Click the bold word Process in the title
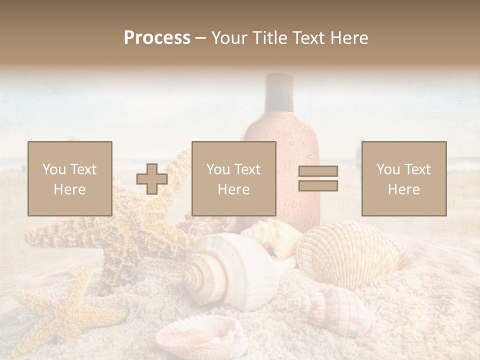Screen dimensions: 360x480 [157, 38]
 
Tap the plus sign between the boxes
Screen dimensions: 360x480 [152, 179]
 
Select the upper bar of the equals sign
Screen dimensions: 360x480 [318, 171]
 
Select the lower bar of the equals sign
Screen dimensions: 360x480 [318, 186]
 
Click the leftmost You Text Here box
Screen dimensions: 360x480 [70, 178]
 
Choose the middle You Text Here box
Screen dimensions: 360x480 [234, 178]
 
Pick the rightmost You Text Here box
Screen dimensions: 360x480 [404, 178]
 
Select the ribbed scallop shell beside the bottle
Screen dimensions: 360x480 [350, 252]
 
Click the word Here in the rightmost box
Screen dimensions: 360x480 [404, 189]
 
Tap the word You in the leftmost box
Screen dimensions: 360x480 [53, 169]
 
